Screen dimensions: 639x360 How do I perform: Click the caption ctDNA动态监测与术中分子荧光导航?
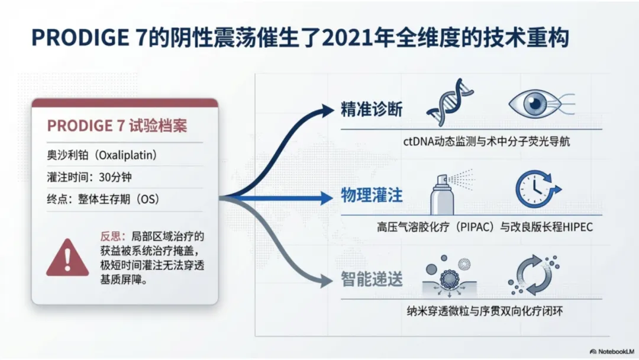[486, 142]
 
